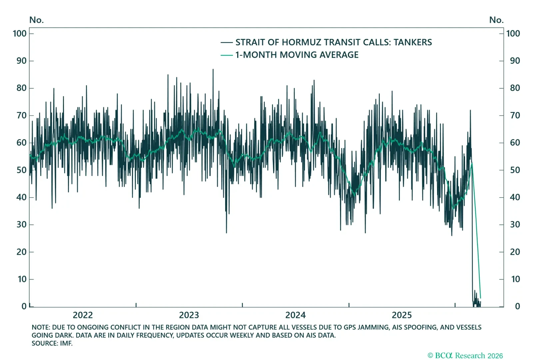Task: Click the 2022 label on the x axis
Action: coord(83,315)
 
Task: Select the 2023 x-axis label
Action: coord(189,315)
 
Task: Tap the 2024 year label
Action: coord(295,315)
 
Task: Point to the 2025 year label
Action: coord(401,315)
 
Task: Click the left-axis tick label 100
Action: coord(20,33)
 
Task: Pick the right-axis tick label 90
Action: coord(515,61)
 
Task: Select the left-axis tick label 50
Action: coord(21,170)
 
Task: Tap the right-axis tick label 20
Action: coord(515,252)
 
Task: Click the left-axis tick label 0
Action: coord(24,306)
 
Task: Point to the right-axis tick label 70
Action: coord(515,115)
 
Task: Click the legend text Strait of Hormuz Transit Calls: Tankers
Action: coord(333,42)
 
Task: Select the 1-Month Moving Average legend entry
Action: coord(297,55)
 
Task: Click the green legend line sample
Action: coord(227,55)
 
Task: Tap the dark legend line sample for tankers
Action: coord(227,42)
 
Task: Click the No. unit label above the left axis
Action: coord(36,20)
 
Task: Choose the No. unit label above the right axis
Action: coord(496,20)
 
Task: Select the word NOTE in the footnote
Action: coord(40,327)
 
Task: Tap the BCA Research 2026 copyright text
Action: coord(465,356)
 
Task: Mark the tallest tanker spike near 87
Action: coord(213,70)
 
